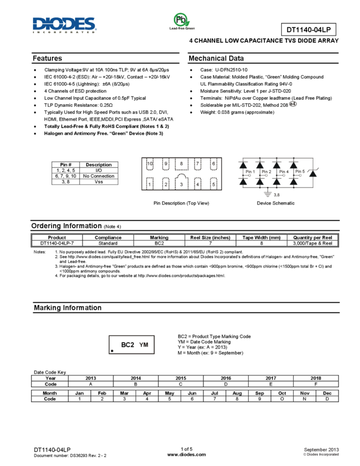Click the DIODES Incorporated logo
pyautogui.click(x=65, y=25)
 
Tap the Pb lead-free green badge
pyautogui.click(x=182, y=22)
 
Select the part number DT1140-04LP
pyautogui.click(x=308, y=30)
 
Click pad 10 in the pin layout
pyautogui.click(x=150, y=163)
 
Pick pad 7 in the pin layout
pyautogui.click(x=197, y=163)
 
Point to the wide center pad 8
pyautogui.click(x=181, y=163)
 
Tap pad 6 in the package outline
pyautogui.click(x=213, y=163)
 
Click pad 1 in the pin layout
pyautogui.click(x=150, y=184)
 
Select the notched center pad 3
pyautogui.click(x=181, y=183)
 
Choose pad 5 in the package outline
pyautogui.click(x=213, y=184)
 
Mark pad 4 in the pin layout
pyautogui.click(x=197, y=184)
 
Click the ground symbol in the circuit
pyautogui.click(x=267, y=194)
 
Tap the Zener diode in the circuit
pyautogui.click(x=312, y=173)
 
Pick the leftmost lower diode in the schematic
pyautogui.click(x=243, y=181)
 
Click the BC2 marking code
pyautogui.click(x=128, y=345)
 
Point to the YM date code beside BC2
pyautogui.click(x=144, y=345)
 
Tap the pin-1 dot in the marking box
pyautogui.click(x=112, y=351)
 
